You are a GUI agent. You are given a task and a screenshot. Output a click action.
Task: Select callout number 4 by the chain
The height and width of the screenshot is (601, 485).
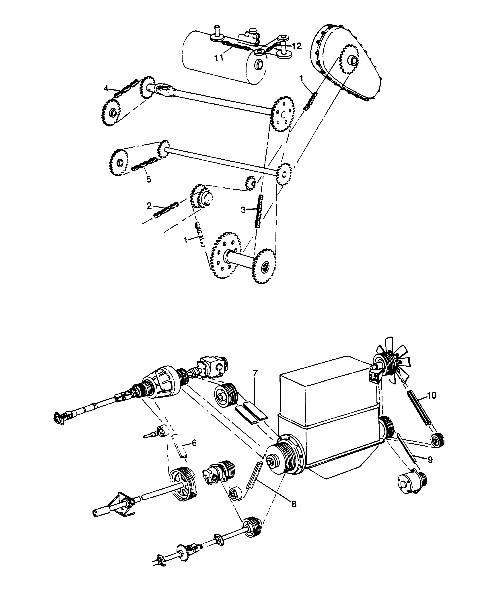tap(106, 89)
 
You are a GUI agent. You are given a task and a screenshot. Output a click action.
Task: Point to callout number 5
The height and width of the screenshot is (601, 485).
tap(149, 179)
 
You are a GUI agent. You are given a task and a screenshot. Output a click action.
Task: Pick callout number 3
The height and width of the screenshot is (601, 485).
tap(243, 210)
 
